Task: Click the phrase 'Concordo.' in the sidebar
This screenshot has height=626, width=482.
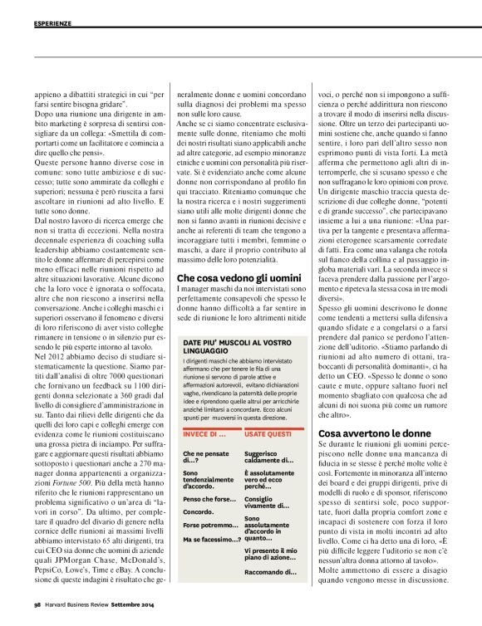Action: pyautogui.click(x=198, y=512)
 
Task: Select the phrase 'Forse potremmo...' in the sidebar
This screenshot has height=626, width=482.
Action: pyautogui.click(x=209, y=526)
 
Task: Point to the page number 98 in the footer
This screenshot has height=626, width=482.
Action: pyautogui.click(x=37, y=616)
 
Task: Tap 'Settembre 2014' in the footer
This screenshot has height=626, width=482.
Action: pyautogui.click(x=130, y=616)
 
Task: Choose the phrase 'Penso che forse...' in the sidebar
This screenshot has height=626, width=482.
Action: pyautogui.click(x=208, y=499)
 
